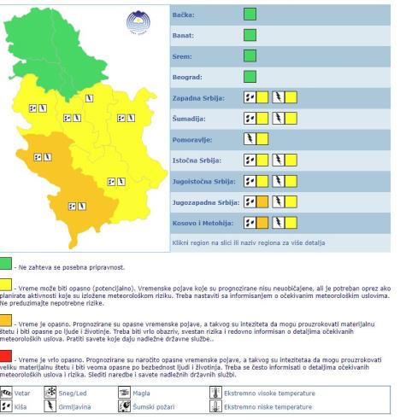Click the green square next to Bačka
[x=250, y=15]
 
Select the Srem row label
[x=174, y=59]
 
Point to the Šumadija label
[x=180, y=119]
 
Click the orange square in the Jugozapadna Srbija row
[x=262, y=202]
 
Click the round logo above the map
[x=134, y=20]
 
